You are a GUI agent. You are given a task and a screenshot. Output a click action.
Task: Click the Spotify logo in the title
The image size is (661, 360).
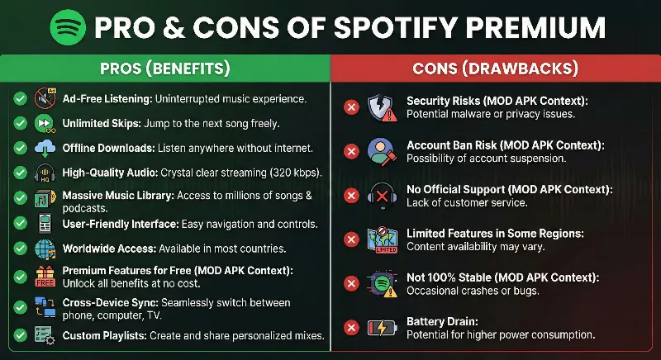coord(68,26)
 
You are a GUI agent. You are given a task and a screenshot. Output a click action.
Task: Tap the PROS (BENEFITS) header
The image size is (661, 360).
coord(164,68)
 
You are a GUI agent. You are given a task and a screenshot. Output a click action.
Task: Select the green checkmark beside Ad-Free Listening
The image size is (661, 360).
coord(20,99)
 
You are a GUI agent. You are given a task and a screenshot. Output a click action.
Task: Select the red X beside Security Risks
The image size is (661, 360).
coord(351,107)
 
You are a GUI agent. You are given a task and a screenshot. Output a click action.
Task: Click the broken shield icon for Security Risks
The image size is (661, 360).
coord(382,107)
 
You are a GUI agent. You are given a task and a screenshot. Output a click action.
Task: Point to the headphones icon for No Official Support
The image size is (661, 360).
coord(382,196)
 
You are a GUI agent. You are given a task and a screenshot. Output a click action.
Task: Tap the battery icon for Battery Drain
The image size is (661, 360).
coord(382,329)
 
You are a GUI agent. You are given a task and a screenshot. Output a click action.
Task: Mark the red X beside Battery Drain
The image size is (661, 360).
coord(351,329)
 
